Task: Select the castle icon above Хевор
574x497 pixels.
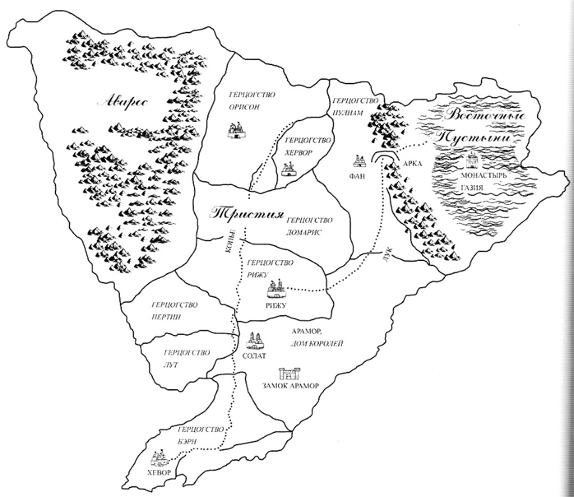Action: pos(159,457)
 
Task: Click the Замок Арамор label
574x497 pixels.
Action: pos(290,386)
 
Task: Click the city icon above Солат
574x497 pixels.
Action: pos(254,339)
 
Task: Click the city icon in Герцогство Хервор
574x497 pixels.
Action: pos(288,169)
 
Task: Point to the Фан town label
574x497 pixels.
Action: pos(358,177)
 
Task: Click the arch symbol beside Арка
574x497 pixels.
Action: pos(385,159)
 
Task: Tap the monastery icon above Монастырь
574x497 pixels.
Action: pos(473,159)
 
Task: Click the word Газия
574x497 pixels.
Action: pos(473,188)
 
